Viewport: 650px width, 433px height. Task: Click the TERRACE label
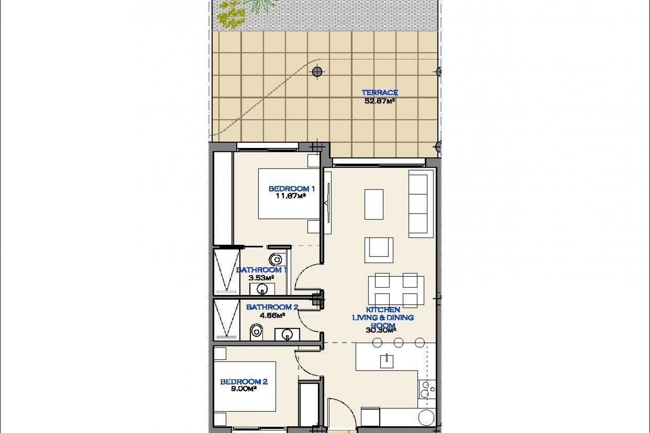[x=380, y=93]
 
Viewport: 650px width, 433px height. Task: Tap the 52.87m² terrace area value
[x=380, y=101]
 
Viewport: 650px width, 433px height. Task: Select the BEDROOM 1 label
[x=291, y=189]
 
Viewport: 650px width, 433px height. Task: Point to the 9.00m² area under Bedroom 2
[x=243, y=389]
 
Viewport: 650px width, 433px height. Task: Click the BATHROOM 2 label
[x=272, y=307]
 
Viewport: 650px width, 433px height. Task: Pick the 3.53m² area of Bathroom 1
[x=261, y=278]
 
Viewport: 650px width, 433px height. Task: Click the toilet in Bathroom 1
[x=276, y=260]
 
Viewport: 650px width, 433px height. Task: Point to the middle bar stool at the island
[x=398, y=343]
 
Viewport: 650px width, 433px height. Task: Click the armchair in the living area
[x=379, y=250]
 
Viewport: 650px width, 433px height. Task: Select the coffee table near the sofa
[x=374, y=204]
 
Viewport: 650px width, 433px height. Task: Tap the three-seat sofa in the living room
[x=421, y=204]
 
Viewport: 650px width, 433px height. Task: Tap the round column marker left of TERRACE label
[x=317, y=71]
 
